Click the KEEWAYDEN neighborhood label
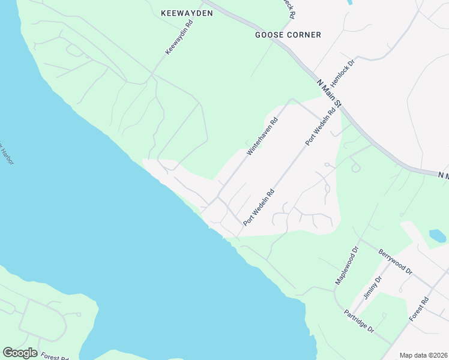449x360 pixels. point(187,13)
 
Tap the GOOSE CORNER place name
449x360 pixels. point(288,35)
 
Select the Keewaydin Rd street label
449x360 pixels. point(179,38)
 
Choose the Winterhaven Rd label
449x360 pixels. point(263,137)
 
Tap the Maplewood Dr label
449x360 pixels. point(347,265)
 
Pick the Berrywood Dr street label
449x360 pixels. point(396,262)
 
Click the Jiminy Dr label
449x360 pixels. point(373,289)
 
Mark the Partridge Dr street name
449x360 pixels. point(359,322)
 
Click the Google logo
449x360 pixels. point(20,353)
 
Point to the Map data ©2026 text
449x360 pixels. point(423,355)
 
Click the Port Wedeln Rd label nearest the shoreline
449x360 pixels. point(259,207)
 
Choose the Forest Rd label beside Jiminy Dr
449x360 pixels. point(418,309)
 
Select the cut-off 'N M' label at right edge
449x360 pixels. point(443,176)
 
